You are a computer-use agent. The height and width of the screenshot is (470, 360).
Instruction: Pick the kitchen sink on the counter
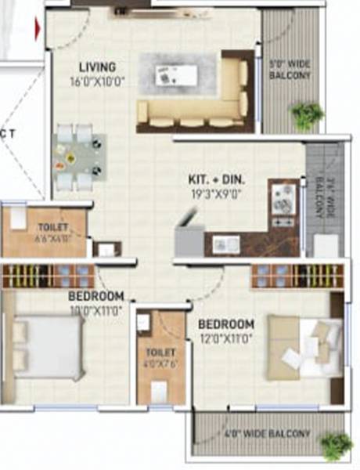(x=229, y=243)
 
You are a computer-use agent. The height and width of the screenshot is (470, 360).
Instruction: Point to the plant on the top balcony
(x=306, y=115)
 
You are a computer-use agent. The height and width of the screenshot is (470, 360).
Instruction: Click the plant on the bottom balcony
(x=337, y=444)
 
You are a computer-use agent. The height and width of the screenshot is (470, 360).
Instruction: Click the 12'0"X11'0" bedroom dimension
(x=226, y=338)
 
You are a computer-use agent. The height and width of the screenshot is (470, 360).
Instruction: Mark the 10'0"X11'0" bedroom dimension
(x=95, y=309)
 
